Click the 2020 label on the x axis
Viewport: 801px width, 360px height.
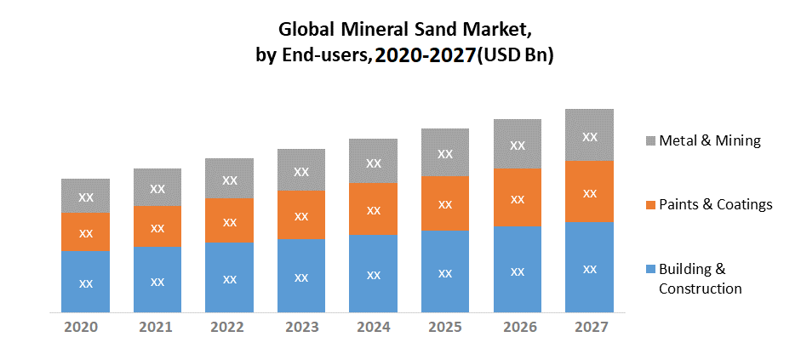pos(85,328)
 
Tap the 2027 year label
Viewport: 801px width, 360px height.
pos(589,328)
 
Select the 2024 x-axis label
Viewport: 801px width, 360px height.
pos(374,328)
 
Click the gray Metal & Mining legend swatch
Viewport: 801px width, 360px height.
pos(650,140)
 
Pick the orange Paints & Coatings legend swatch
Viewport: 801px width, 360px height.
pos(650,205)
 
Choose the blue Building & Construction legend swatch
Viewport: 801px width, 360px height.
pos(650,269)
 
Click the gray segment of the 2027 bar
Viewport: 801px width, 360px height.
pos(589,135)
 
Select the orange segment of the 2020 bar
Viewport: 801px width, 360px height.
pos(85,231)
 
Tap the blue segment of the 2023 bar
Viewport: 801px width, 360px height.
pos(301,276)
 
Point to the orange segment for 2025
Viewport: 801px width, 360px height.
pos(445,204)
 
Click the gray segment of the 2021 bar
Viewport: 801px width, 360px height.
pos(157,187)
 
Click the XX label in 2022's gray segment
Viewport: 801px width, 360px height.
pos(230,180)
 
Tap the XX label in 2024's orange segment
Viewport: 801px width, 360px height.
pos(374,209)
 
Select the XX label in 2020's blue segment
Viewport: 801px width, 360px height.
pos(85,283)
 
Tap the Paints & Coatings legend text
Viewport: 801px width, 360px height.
pos(716,204)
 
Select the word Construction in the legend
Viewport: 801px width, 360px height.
pos(701,289)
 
